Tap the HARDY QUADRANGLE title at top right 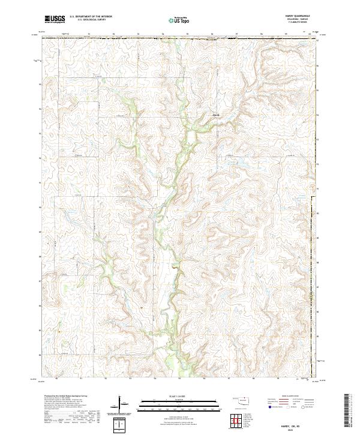point(302,16)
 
